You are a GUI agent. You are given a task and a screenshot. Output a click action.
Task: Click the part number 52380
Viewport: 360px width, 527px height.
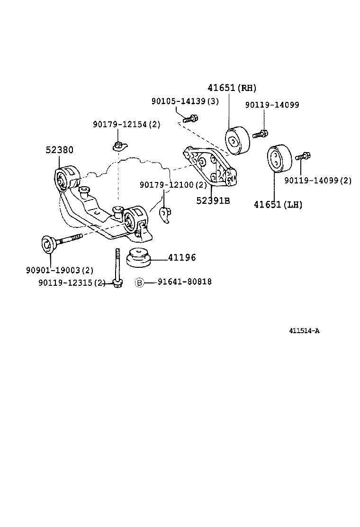click(x=59, y=150)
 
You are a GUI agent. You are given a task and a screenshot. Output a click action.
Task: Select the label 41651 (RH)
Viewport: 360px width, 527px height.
click(x=232, y=88)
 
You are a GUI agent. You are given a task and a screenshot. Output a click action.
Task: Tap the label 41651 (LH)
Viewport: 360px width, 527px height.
click(x=278, y=205)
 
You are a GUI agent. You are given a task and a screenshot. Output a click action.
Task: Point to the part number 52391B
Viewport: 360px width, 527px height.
click(x=213, y=200)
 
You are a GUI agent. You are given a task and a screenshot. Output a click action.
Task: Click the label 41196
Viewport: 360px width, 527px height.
click(x=181, y=258)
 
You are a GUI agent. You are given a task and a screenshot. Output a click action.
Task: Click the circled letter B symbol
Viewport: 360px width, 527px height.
click(x=139, y=282)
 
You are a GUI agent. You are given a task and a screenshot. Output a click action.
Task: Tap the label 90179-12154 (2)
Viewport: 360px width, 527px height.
click(x=126, y=125)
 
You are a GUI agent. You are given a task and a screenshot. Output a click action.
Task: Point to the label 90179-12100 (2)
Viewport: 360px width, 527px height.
click(x=173, y=184)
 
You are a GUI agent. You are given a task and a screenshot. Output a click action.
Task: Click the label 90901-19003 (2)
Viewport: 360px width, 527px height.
click(x=59, y=271)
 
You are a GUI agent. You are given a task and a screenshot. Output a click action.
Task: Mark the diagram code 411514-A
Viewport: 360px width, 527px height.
click(x=304, y=331)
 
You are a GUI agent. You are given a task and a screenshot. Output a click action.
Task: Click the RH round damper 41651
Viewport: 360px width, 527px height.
click(x=236, y=141)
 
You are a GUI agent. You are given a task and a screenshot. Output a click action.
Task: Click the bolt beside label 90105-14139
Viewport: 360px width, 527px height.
click(x=190, y=118)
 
